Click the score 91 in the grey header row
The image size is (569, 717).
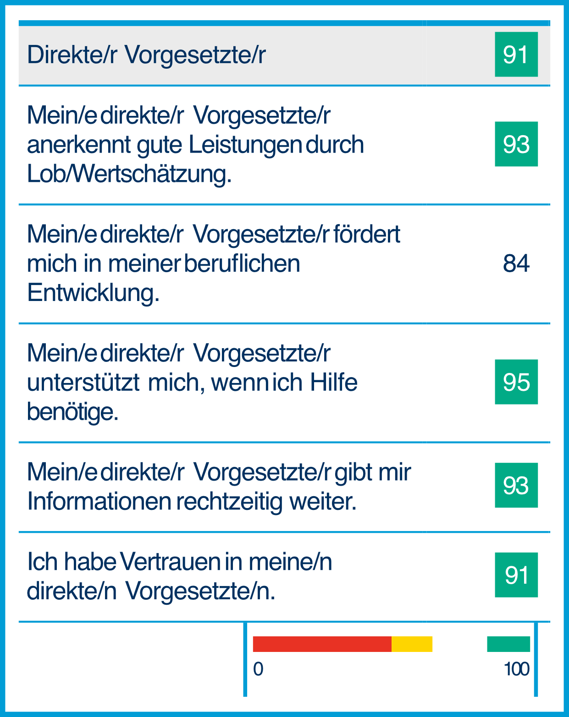[x=516, y=55]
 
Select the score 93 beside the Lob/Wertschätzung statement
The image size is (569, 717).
[x=516, y=144]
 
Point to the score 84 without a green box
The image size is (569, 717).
[x=516, y=263]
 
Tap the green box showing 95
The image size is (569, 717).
[x=516, y=382]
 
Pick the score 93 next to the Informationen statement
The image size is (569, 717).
[x=516, y=486]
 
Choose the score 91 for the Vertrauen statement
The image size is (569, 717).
[x=516, y=575]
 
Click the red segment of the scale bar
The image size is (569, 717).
[x=322, y=644]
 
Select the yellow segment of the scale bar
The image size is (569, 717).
[x=412, y=644]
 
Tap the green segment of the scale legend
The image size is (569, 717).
[x=508, y=644]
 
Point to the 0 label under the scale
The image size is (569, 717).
[x=258, y=669]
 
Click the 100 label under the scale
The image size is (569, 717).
[x=516, y=669]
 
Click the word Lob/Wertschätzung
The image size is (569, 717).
[x=129, y=174]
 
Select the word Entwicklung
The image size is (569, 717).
[x=93, y=293]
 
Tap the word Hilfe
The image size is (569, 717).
[x=334, y=383]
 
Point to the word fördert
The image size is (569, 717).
[x=367, y=234]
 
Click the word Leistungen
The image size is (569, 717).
[x=245, y=145]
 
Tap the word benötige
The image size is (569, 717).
[x=72, y=411]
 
